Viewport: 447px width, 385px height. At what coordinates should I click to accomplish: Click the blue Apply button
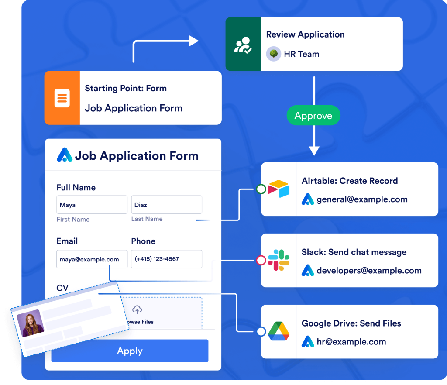click(x=130, y=351)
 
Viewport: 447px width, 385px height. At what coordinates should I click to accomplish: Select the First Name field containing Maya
click(x=92, y=205)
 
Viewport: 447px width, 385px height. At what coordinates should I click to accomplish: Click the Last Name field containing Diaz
click(x=166, y=205)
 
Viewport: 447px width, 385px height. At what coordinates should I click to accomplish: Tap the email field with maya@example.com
click(x=92, y=259)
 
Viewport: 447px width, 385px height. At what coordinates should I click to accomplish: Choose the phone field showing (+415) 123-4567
click(x=166, y=259)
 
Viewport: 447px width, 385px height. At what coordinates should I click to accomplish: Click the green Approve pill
click(x=313, y=116)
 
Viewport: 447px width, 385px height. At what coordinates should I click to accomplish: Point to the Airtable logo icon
click(x=279, y=189)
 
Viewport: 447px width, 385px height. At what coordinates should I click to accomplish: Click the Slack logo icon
click(x=279, y=260)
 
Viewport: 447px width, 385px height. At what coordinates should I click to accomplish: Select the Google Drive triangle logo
click(x=279, y=331)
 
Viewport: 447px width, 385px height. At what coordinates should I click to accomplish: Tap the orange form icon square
click(x=62, y=98)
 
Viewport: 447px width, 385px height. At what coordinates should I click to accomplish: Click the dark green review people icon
click(x=243, y=45)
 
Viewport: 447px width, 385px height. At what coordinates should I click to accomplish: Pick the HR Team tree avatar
click(x=274, y=54)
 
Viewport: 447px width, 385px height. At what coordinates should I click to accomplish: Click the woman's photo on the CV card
click(x=30, y=323)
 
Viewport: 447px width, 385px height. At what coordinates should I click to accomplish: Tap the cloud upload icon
click(x=137, y=310)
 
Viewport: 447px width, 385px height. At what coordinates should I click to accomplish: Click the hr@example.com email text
click(x=351, y=342)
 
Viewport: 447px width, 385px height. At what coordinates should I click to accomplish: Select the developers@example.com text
click(x=369, y=271)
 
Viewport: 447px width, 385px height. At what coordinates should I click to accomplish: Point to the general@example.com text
click(x=362, y=199)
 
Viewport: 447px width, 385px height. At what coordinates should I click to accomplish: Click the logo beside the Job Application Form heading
click(x=65, y=155)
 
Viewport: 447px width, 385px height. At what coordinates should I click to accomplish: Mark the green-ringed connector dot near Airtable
click(x=261, y=189)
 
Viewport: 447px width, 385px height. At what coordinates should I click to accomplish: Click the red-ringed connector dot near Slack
click(x=261, y=261)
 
